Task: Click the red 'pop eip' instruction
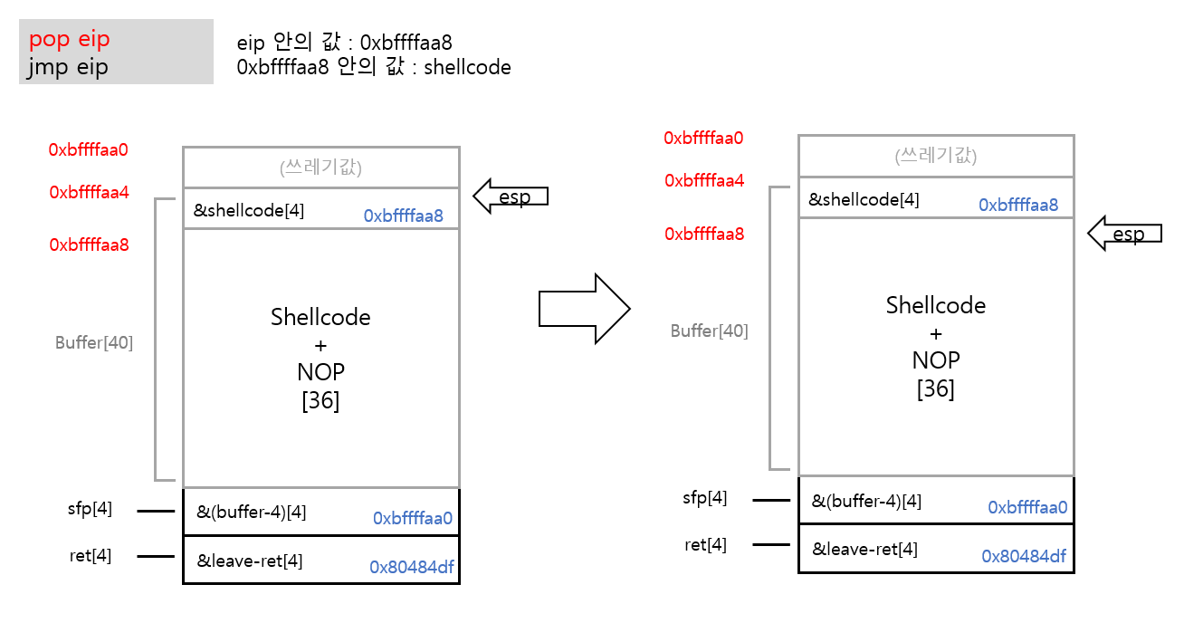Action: (x=69, y=40)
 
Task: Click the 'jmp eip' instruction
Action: (x=68, y=67)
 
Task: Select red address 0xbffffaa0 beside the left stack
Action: (x=89, y=149)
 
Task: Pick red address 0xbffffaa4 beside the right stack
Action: (x=703, y=180)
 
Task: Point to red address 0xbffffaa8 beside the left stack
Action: (x=89, y=244)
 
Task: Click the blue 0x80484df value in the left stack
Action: (x=412, y=568)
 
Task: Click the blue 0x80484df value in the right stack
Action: (x=1024, y=556)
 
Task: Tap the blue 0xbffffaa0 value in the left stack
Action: (x=413, y=519)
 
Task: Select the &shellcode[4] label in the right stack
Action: (x=864, y=199)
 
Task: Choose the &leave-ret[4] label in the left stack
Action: (x=250, y=561)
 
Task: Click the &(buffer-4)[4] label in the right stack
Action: (x=866, y=501)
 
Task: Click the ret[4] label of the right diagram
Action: (x=705, y=544)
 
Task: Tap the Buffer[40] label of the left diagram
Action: (x=94, y=343)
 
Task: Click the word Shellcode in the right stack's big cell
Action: (x=936, y=305)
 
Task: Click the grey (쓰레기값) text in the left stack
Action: (x=320, y=168)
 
